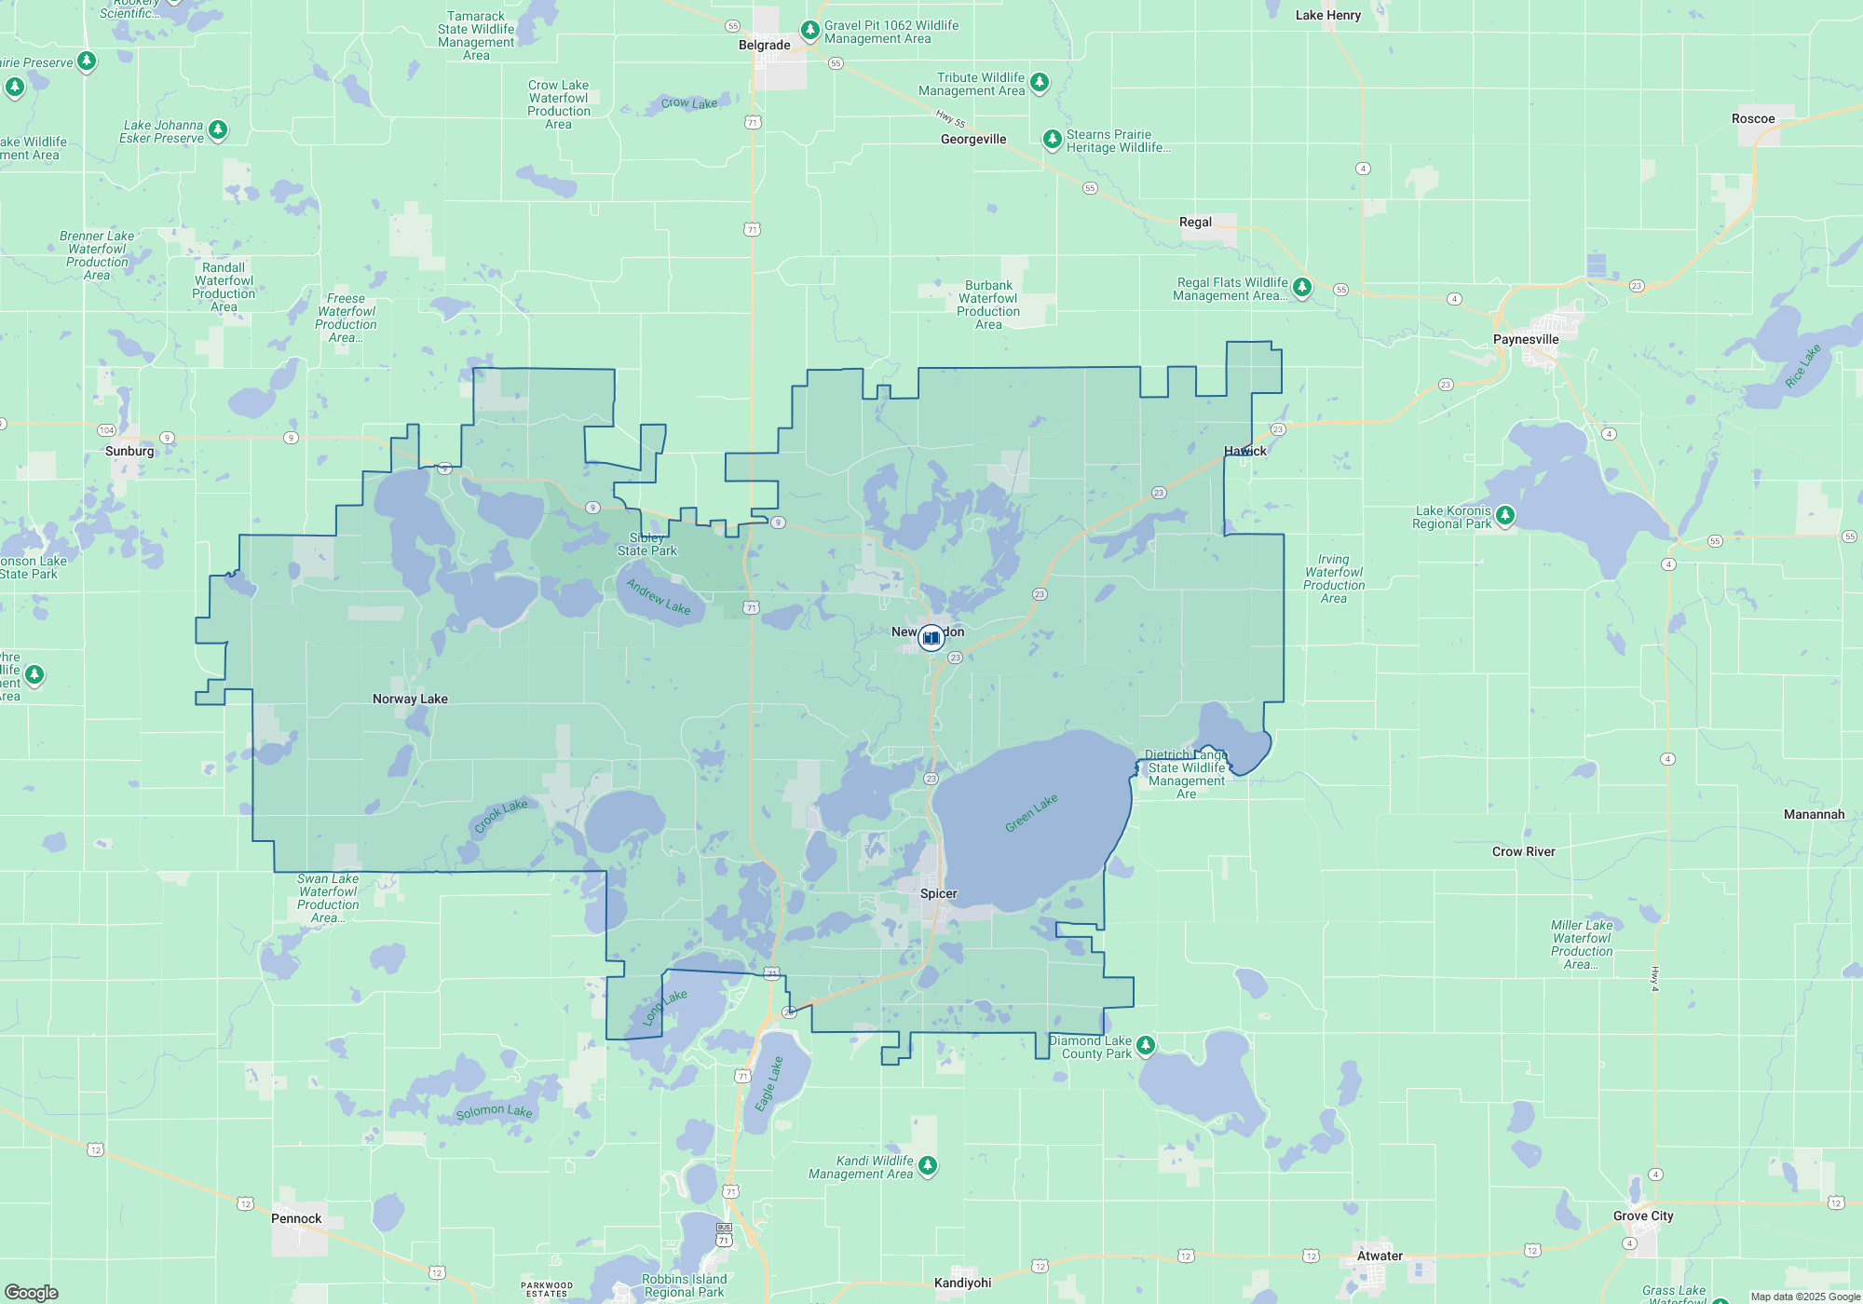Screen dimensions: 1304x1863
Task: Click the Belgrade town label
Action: pos(764,45)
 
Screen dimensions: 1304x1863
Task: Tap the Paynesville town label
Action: pos(1525,339)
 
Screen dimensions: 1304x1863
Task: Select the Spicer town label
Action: pos(938,893)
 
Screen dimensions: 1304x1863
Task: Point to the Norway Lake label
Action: pos(410,699)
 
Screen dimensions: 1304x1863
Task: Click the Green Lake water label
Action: pos(1031,813)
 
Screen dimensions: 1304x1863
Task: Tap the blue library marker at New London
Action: pos(931,638)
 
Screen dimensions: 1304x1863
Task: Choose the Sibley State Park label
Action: pos(646,545)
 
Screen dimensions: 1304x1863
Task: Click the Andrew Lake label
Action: pos(659,596)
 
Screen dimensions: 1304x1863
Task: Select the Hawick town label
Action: pos(1244,451)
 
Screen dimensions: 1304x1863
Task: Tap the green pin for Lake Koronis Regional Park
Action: pos(1504,515)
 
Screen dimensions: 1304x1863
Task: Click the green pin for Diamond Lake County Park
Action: pos(1146,1045)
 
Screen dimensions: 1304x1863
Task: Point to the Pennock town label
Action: pos(296,1218)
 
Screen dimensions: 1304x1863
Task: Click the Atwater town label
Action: pos(1380,1256)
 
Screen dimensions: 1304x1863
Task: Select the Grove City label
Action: pos(1643,1216)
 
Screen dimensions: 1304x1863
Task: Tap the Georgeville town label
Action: pos(973,139)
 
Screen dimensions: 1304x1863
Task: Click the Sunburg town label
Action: pos(129,451)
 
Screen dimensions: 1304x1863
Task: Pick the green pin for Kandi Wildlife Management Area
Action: pos(927,1165)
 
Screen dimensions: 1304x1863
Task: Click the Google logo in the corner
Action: pos(32,1293)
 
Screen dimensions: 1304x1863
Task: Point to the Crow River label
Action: pos(1523,851)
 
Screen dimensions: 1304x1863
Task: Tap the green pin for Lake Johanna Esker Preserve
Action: pos(217,129)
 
